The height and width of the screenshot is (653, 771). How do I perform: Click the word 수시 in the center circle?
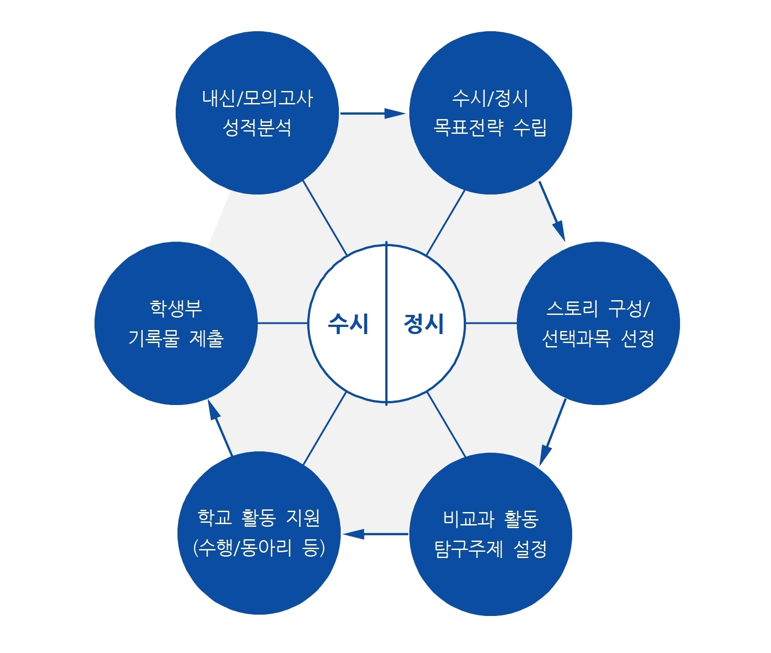coord(348,324)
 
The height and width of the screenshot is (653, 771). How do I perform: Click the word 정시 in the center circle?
coord(424,324)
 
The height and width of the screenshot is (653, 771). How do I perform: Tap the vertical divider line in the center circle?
coord(386,323)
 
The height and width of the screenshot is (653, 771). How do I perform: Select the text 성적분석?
coord(257,128)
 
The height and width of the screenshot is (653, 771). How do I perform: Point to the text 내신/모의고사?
coord(257,98)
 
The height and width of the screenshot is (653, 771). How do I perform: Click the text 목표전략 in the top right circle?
coord(468,128)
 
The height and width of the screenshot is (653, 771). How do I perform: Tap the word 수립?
coord(530,128)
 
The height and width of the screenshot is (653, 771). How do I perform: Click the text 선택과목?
coord(576,339)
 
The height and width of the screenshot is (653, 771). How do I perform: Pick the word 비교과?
coord(468,519)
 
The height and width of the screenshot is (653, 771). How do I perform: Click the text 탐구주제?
coord(469,549)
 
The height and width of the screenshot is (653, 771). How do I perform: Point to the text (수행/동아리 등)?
coord(259,548)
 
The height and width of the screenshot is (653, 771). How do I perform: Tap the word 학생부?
coord(176,308)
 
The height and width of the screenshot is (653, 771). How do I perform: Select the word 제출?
coord(206,339)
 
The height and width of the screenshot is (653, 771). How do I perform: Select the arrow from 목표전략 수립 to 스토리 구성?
coord(552,211)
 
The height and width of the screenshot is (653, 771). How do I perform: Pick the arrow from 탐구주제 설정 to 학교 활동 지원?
coord(375,534)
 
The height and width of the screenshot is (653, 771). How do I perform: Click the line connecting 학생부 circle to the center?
coord(283,323)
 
